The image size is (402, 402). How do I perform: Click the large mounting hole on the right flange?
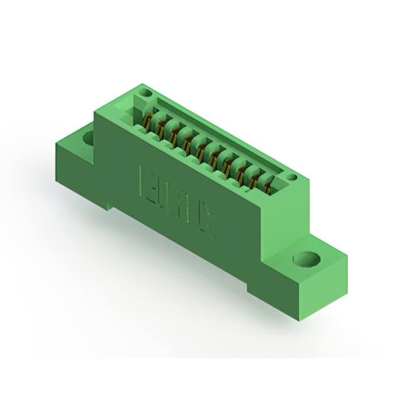click(x=307, y=259)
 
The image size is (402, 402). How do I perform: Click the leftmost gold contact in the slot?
click(x=148, y=120)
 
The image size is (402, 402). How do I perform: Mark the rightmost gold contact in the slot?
click(x=270, y=184)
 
